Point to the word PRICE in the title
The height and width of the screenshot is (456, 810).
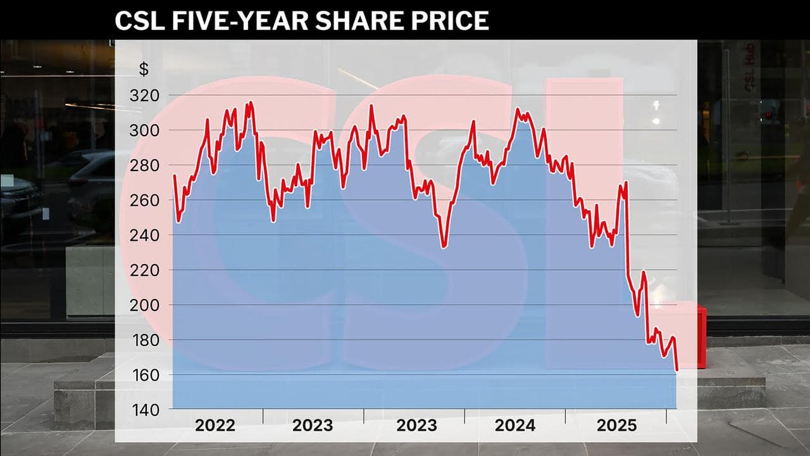(450, 20)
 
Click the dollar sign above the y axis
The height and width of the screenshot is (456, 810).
(144, 70)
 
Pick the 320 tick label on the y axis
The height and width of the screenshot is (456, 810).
(145, 96)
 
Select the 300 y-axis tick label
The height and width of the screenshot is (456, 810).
(145, 130)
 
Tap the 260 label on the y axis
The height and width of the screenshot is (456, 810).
(145, 200)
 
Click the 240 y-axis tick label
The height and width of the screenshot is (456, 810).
(145, 235)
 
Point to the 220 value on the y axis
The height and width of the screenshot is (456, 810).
(145, 270)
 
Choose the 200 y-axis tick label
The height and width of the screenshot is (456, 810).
(145, 305)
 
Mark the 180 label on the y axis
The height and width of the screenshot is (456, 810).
(145, 340)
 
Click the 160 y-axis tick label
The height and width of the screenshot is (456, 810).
(145, 375)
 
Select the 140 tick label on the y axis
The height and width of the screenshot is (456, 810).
(145, 410)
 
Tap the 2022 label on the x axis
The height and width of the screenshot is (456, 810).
(215, 426)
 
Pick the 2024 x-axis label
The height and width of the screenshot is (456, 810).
(515, 426)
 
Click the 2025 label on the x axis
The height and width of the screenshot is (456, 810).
(616, 426)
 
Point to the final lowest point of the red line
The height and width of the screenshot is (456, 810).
(677, 370)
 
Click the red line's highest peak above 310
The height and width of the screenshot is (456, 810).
(251, 102)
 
